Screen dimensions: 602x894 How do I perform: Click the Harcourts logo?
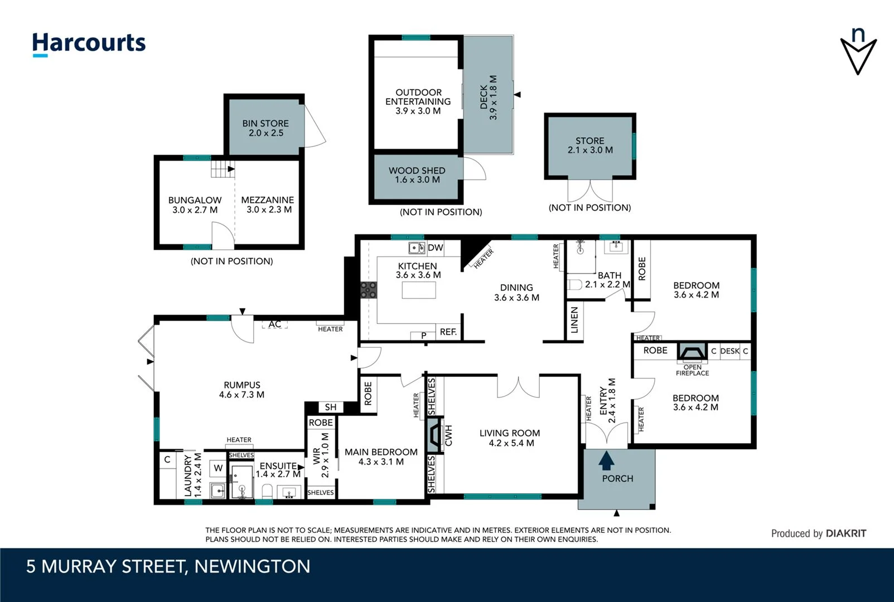pyautogui.click(x=89, y=43)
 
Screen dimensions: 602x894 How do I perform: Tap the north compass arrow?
pyautogui.click(x=858, y=51)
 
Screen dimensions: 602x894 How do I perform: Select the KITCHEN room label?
pyautogui.click(x=417, y=266)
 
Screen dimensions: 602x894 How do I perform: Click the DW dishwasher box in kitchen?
pyautogui.click(x=435, y=248)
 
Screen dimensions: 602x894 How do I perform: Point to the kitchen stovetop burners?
pyautogui.click(x=368, y=290)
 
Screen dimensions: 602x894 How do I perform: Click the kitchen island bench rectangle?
pyautogui.click(x=418, y=290)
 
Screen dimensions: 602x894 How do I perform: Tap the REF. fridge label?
pyautogui.click(x=448, y=332)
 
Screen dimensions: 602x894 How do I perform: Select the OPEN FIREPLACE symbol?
pyautogui.click(x=692, y=352)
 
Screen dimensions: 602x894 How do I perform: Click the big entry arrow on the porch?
pyautogui.click(x=606, y=461)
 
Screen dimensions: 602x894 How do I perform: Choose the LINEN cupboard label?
pyautogui.click(x=574, y=320)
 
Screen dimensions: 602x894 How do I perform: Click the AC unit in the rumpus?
pyautogui.click(x=274, y=324)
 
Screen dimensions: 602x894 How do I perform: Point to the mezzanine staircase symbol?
pyautogui.click(x=223, y=168)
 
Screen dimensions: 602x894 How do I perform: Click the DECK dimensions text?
pyautogui.click(x=493, y=98)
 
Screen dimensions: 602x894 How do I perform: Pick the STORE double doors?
pyautogui.click(x=590, y=191)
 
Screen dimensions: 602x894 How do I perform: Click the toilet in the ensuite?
pyautogui.click(x=267, y=492)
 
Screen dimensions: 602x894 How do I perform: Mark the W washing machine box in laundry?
pyautogui.click(x=218, y=468)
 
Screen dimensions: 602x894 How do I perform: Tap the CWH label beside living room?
pyautogui.click(x=448, y=435)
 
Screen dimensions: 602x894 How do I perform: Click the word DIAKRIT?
pyautogui.click(x=845, y=533)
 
